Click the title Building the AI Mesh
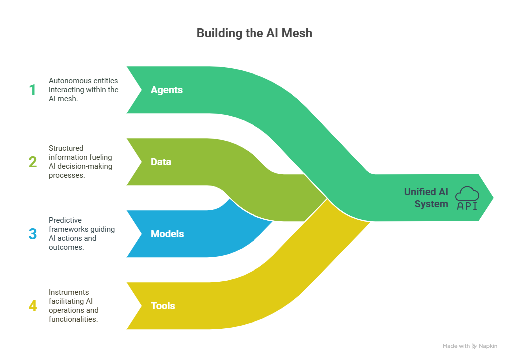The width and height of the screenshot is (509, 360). point(254,33)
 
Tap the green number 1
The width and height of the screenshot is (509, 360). point(32,90)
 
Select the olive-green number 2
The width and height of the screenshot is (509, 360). point(33,162)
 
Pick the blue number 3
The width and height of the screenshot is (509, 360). point(33,234)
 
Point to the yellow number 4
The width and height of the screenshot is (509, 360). point(33,306)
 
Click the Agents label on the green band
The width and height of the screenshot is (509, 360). point(167,90)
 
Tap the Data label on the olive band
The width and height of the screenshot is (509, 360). point(161,162)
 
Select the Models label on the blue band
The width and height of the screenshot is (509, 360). point(167,234)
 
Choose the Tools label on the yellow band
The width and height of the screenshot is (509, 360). point(163,306)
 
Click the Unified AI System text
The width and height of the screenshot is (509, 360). point(426,198)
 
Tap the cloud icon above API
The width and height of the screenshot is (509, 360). point(467,193)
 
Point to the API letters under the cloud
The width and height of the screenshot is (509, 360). point(467,206)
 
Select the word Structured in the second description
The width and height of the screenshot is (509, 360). point(66,148)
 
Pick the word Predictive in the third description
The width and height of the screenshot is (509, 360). point(65,220)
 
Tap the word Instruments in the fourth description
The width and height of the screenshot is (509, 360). point(69,292)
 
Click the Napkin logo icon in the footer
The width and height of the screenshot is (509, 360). point(474,346)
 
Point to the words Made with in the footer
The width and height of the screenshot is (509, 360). point(456,346)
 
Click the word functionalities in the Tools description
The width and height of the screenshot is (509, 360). point(73,319)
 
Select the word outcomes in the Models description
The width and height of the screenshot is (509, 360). point(66,247)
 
